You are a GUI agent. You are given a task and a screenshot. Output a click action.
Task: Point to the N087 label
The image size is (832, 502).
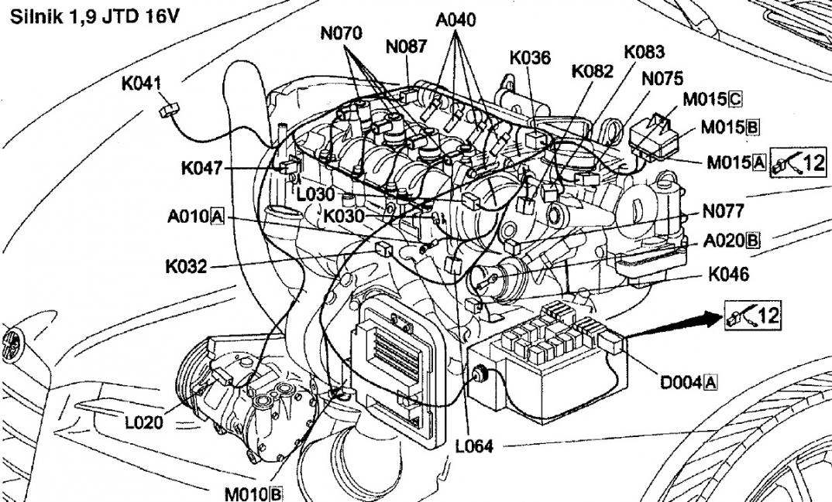point(406,47)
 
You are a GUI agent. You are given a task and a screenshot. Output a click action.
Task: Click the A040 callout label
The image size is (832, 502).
point(456,20)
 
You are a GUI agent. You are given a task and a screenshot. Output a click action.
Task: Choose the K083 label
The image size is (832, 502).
point(644,52)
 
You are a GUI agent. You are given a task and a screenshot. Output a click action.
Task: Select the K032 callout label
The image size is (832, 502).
point(186,267)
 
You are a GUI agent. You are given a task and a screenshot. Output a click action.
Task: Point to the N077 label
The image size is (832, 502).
point(724,210)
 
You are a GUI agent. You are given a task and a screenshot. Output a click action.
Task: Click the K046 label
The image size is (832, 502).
point(729,274)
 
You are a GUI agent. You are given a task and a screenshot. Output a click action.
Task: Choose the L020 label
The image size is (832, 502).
point(145,422)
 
